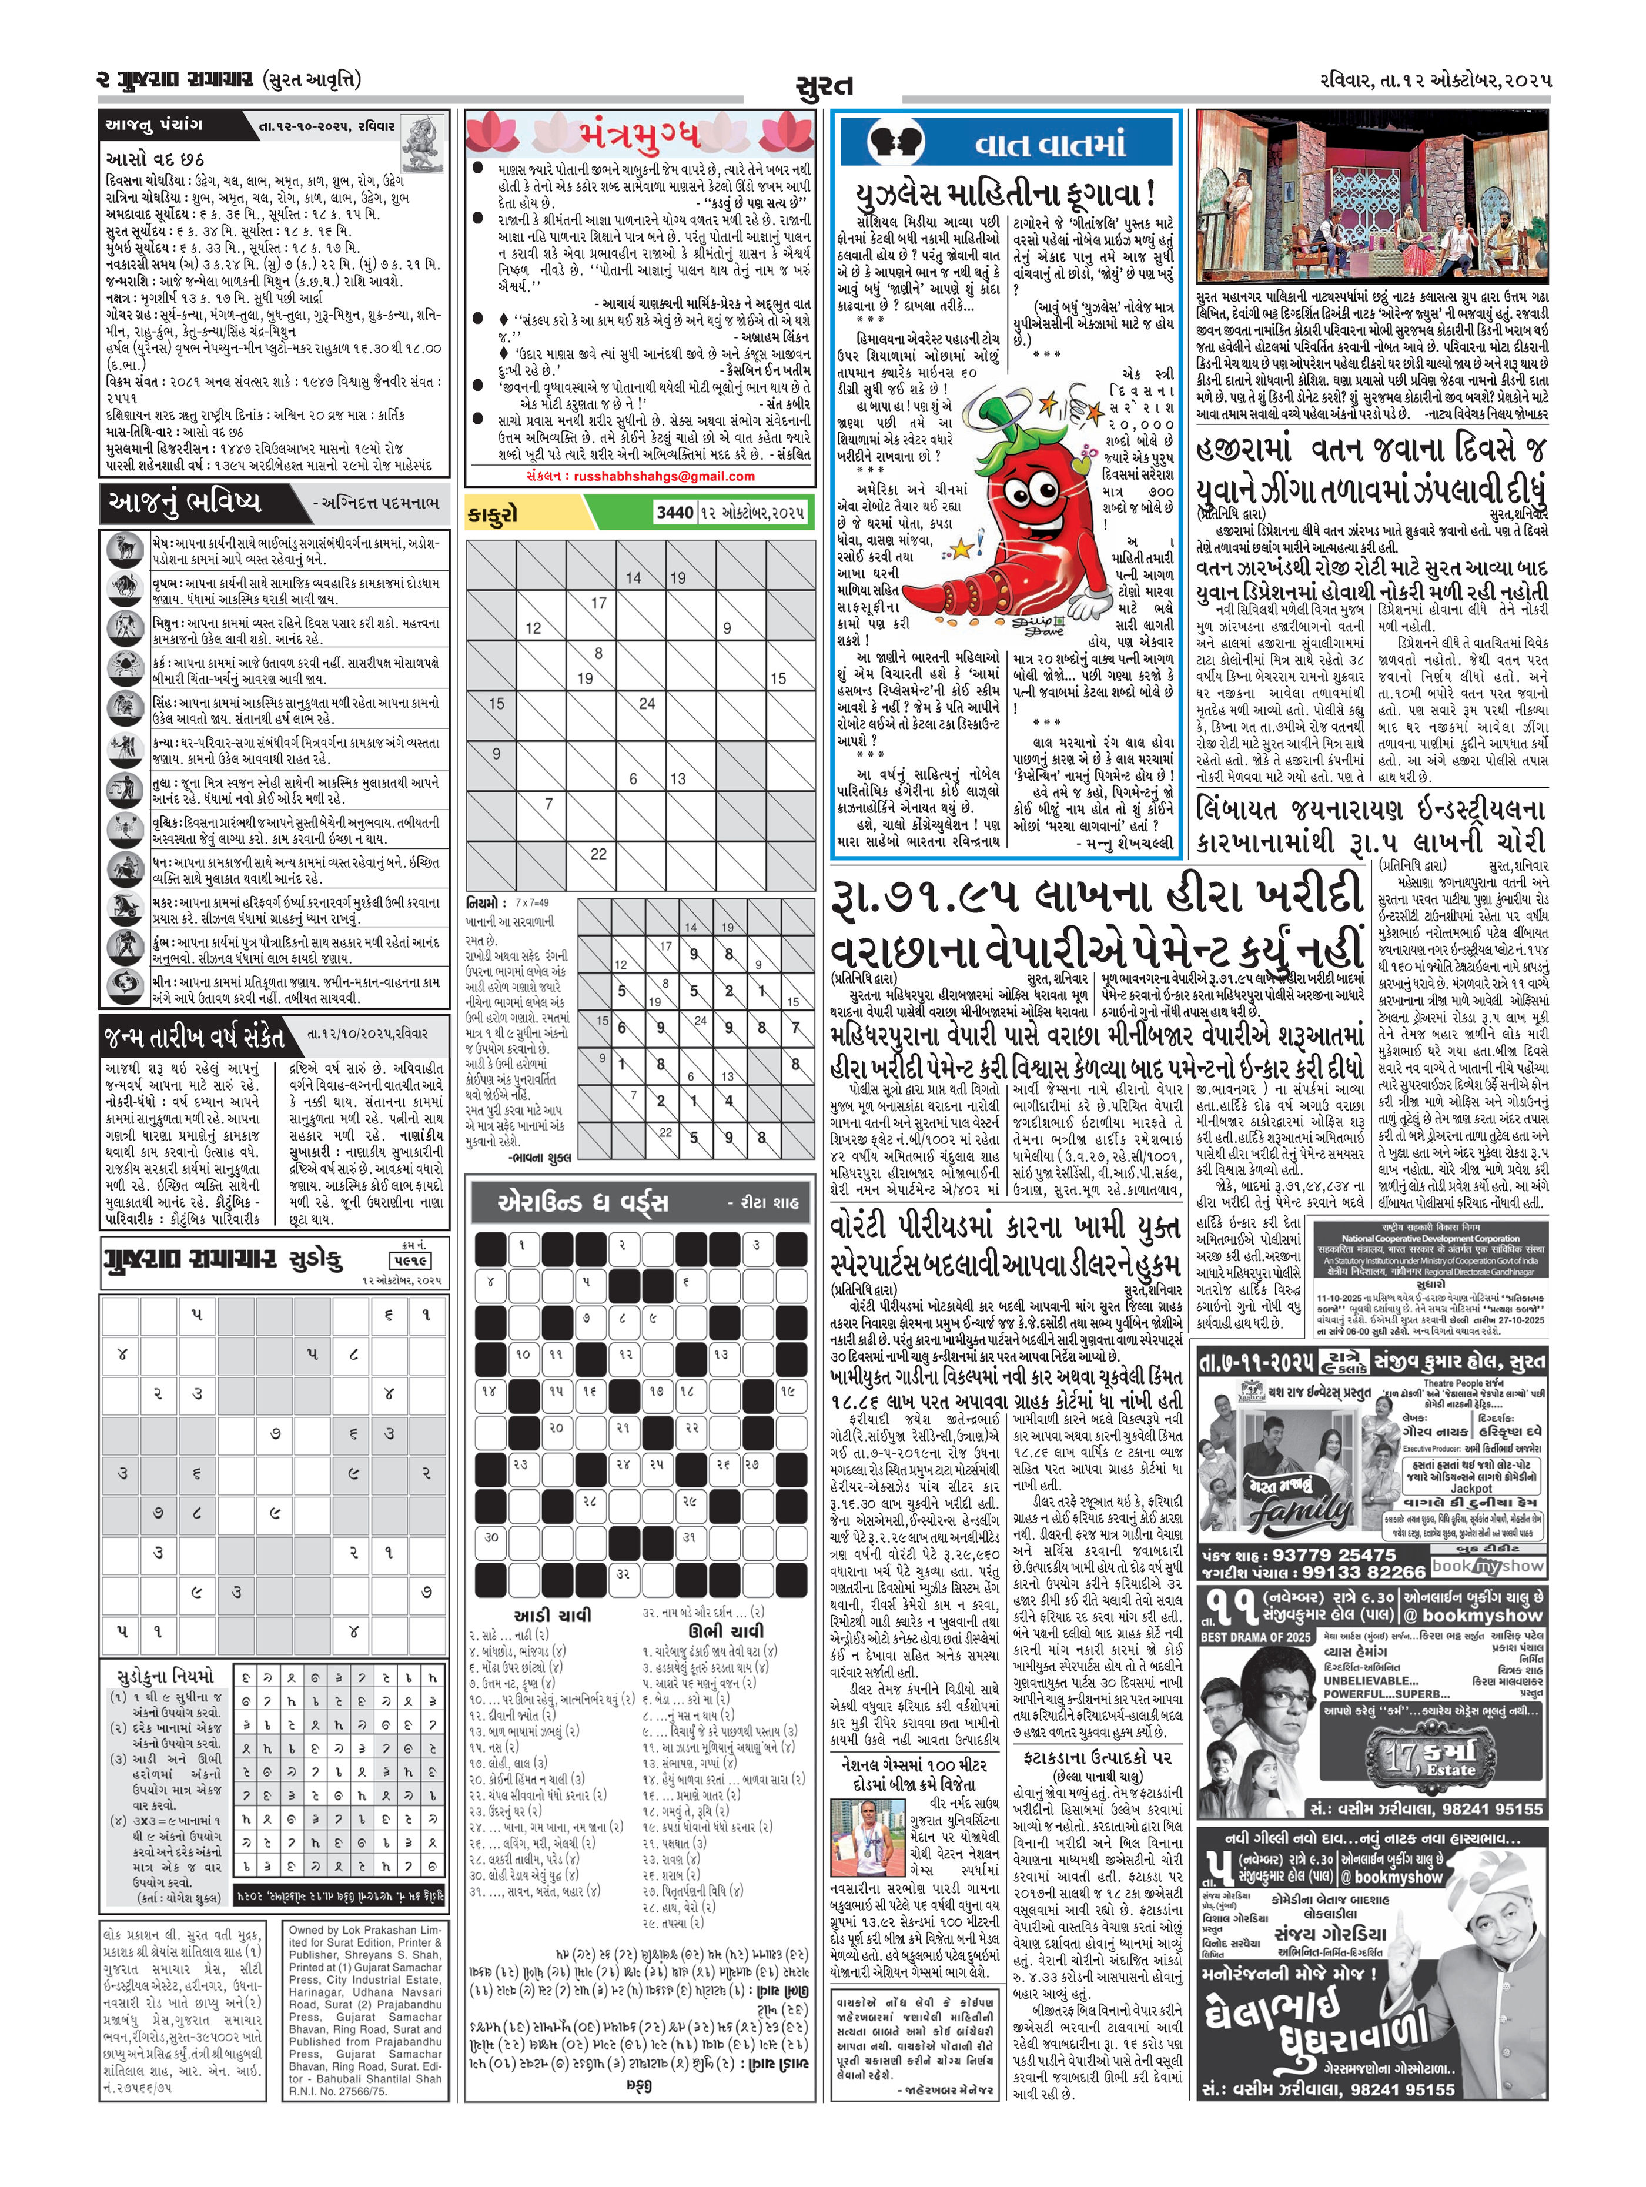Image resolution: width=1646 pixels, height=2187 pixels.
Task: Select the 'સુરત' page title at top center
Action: [x=822, y=87]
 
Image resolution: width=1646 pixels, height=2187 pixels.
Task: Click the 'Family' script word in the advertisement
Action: [x=1298, y=1510]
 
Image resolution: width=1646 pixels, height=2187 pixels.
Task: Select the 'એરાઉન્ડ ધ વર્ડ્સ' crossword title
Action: [x=570, y=1202]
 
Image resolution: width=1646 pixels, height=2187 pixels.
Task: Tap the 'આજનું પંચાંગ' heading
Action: [x=154, y=126]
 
